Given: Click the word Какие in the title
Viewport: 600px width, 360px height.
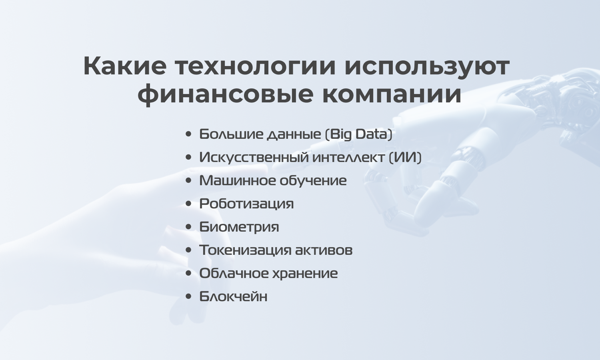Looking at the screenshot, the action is [125, 66].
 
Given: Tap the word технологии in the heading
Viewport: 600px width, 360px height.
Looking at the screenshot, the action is [256, 66].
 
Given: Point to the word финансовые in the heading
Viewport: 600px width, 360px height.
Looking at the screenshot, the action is [225, 94].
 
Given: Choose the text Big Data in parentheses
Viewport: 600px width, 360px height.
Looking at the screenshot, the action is [359, 134].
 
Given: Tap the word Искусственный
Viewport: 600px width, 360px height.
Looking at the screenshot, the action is [254, 158].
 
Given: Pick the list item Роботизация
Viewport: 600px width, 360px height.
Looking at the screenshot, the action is [246, 204].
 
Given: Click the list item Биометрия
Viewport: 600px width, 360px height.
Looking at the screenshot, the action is [239, 227].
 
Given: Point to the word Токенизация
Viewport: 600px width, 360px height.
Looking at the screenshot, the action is [245, 250].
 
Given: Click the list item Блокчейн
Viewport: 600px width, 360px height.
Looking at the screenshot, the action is [233, 296].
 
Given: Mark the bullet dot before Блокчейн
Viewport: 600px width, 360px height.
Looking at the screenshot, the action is [188, 296].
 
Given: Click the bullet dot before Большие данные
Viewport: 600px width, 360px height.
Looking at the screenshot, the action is [188, 134].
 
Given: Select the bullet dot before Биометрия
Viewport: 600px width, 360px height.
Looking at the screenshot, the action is [188, 227].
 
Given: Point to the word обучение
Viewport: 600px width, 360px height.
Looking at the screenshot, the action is [313, 181].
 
